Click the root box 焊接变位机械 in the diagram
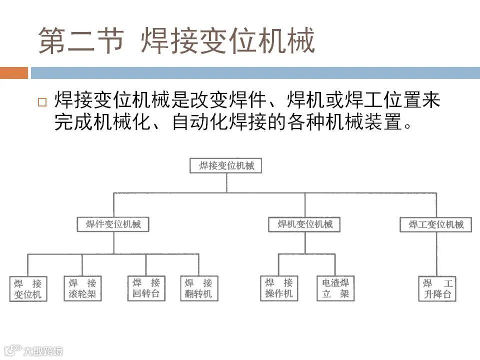coord(226,165)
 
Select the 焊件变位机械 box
coord(113,224)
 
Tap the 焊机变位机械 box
coord(304,224)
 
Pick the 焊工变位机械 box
coord(436,224)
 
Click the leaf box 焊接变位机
coord(28,289)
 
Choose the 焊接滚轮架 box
coord(82,288)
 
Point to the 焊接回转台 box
coord(146,288)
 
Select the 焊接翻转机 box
coord(198,288)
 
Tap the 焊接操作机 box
coord(279,288)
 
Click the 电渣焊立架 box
coord(335,288)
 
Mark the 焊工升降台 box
coord(437,289)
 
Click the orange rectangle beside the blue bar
coord(14,73)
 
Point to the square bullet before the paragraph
coord(42,102)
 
